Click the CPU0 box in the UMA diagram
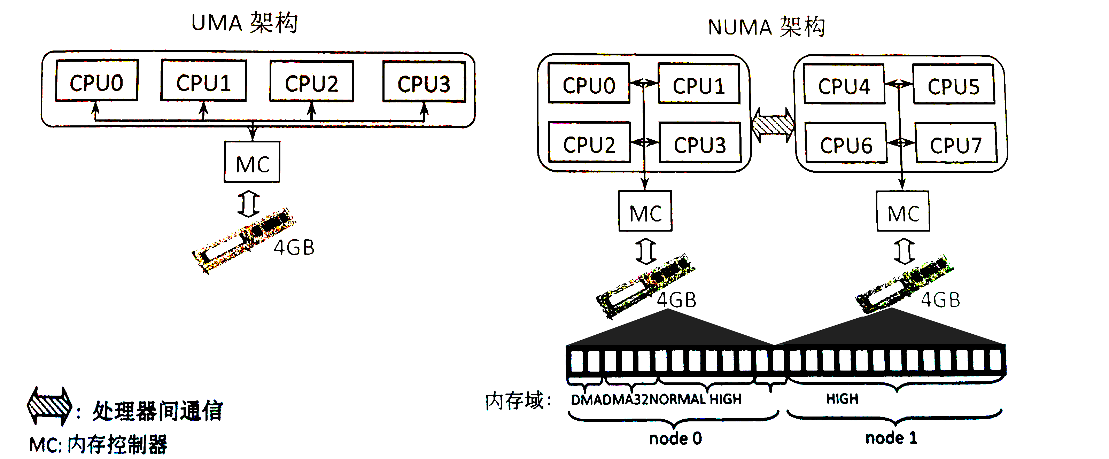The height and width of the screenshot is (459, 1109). click(96, 81)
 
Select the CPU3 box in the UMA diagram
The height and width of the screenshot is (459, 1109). click(424, 82)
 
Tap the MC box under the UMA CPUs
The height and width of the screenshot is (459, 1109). click(252, 162)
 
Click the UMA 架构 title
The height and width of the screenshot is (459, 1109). click(244, 23)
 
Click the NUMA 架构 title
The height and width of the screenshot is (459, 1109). click(766, 27)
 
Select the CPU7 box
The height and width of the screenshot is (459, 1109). click(956, 143)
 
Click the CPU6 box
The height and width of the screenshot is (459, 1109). click(846, 143)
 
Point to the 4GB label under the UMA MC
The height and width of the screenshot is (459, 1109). click(294, 248)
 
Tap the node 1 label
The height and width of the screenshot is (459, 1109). click(891, 438)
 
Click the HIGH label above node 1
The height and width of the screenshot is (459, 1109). click(842, 399)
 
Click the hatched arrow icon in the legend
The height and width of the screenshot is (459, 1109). click(49, 406)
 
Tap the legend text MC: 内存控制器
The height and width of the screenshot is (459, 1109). click(98, 444)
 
